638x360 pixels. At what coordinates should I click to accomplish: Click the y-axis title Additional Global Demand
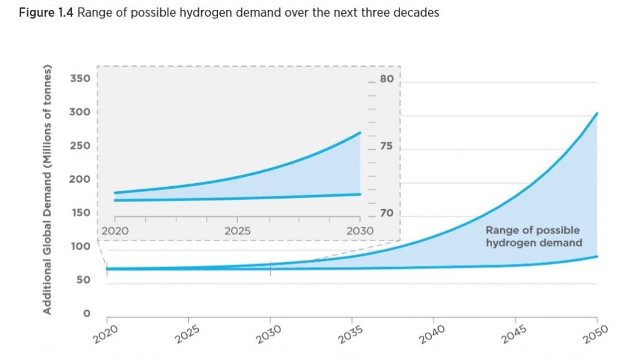(47, 189)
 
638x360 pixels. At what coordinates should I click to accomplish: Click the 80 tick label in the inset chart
(387, 79)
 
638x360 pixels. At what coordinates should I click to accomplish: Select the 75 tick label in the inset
(387, 148)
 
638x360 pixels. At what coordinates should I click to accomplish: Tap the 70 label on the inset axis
(387, 214)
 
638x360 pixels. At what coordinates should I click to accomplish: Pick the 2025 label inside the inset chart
(237, 231)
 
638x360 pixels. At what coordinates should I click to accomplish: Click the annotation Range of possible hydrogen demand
(533, 237)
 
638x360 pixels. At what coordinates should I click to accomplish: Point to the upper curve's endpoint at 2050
(598, 113)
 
